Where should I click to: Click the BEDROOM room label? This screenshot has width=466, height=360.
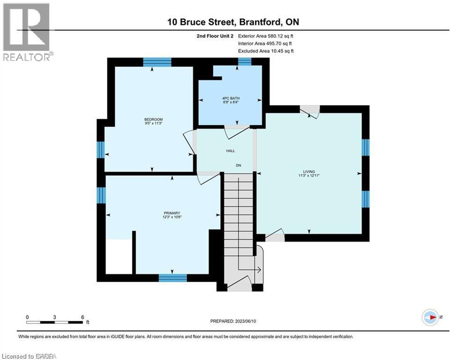pos(154,120)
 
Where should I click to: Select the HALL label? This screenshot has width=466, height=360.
pos(230,150)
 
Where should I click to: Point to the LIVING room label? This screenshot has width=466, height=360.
pos(309,172)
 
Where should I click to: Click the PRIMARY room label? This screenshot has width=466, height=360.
pos(163,213)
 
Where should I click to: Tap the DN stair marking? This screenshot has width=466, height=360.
pos(238,165)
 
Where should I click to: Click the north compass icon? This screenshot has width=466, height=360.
pos(430,317)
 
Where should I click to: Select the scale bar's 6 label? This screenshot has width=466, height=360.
pos(82,317)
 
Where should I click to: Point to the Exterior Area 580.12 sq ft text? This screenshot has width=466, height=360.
pos(266,36)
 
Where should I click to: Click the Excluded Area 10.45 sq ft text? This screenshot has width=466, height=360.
pos(266,51)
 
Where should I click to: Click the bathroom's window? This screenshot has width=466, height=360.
pos(244,61)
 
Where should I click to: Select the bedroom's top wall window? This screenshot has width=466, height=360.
pos(157,62)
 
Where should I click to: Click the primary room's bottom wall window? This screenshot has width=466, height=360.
pos(173,278)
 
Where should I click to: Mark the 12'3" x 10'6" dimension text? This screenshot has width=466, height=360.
pos(163,217)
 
